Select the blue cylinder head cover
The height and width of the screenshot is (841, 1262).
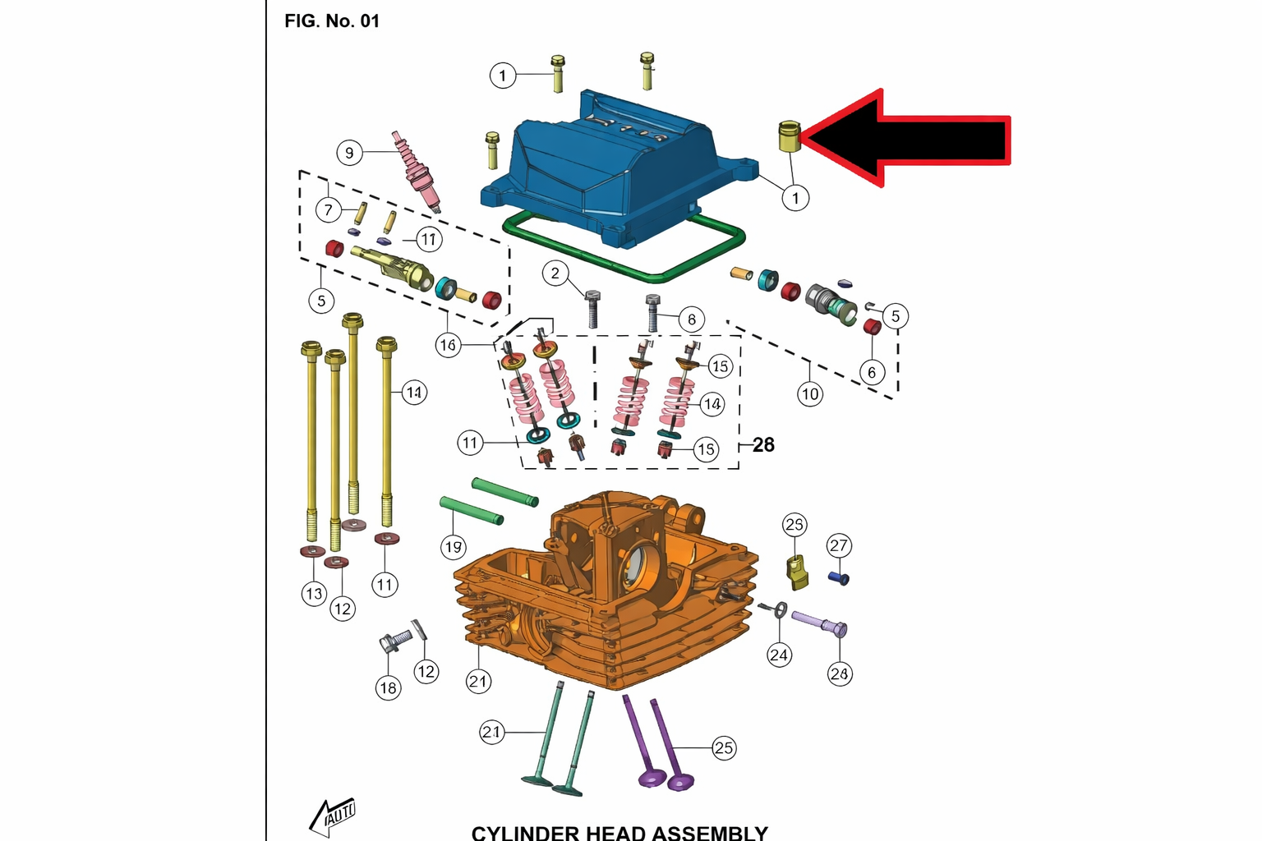608,168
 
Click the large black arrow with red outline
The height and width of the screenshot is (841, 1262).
912,138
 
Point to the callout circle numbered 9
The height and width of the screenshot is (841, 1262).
349,153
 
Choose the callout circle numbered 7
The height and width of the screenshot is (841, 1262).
329,209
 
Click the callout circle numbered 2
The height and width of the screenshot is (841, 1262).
555,273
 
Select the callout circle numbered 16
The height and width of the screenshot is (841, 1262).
448,345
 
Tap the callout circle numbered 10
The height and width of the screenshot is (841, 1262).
810,393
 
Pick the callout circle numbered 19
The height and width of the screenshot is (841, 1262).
454,546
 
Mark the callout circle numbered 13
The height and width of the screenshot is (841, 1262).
314,593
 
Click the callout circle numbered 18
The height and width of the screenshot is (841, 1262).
389,687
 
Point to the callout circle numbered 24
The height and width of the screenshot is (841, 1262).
779,655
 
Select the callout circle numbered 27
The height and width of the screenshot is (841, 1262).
838,545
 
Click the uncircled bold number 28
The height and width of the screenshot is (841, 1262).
763,445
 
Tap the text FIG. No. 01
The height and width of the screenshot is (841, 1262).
332,21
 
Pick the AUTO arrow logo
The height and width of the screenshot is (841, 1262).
334,816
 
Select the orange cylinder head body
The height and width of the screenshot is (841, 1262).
608,591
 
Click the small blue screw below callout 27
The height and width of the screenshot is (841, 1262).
839,578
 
